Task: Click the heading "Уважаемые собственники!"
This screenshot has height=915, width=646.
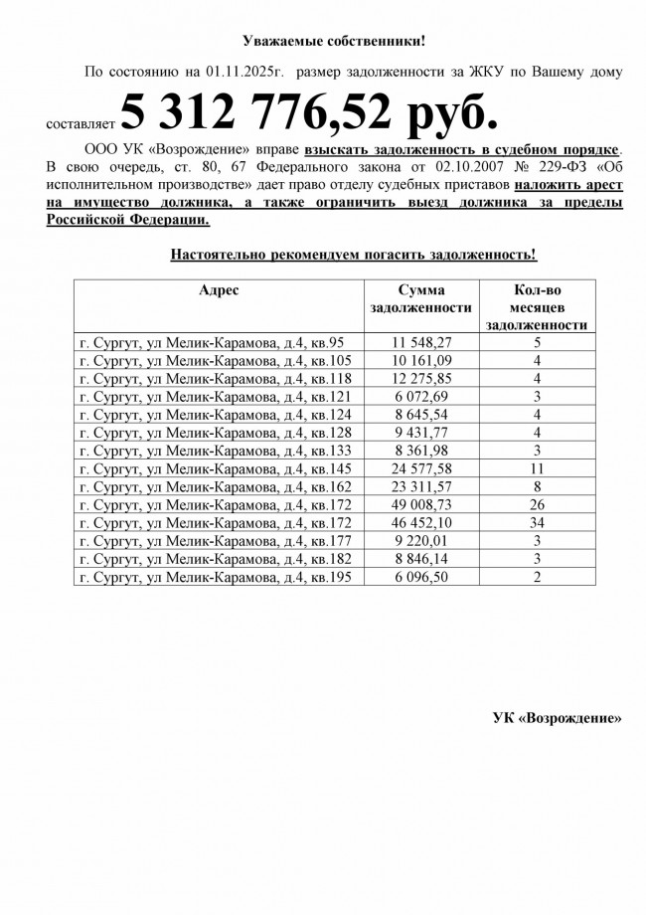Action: coord(334,41)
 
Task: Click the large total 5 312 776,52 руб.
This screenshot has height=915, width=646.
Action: coord(307,117)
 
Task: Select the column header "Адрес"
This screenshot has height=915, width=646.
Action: coord(219,290)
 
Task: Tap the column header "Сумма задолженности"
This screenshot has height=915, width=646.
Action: coord(419,299)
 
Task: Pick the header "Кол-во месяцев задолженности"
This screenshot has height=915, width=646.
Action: coord(537,306)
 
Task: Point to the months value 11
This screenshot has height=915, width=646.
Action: coord(537,468)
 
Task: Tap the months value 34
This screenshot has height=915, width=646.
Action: coord(537,523)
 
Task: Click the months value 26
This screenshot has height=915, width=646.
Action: coord(537,505)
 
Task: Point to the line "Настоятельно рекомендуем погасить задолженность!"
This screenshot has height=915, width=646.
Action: coord(353,256)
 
